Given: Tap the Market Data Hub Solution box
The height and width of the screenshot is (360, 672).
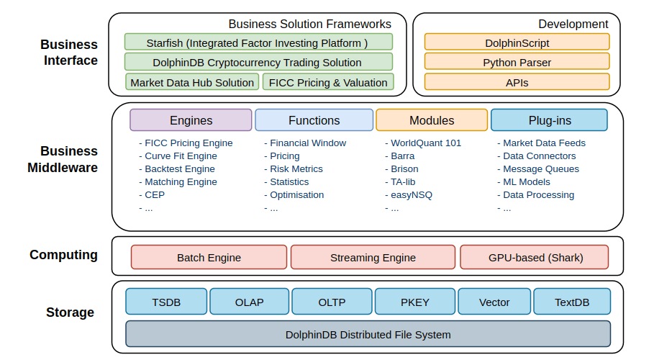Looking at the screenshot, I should click(x=192, y=82).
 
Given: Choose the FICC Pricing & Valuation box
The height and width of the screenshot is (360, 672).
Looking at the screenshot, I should click(x=328, y=82).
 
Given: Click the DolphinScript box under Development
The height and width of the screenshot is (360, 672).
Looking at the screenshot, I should click(x=517, y=42).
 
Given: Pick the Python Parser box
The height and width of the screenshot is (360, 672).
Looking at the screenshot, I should click(x=517, y=62).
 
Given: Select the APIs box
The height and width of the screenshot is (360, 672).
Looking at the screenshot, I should click(x=517, y=82).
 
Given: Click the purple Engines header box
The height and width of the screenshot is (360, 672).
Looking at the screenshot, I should click(x=191, y=120).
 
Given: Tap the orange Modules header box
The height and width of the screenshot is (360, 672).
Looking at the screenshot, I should click(x=432, y=120).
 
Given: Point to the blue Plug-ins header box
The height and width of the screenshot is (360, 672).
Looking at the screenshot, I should click(x=549, y=120).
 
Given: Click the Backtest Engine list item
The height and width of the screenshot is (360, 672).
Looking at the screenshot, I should click(x=179, y=168).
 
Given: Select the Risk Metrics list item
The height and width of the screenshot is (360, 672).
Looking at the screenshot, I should click(x=296, y=168).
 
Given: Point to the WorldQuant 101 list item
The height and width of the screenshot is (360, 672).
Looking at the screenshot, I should click(x=425, y=143).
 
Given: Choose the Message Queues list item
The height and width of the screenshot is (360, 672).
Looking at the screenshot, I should click(x=540, y=168).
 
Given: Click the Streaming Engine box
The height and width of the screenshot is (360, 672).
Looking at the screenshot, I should click(x=373, y=257).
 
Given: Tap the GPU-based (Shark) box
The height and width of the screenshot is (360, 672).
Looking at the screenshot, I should click(x=535, y=257).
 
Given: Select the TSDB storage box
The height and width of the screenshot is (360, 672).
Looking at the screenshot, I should click(x=166, y=302).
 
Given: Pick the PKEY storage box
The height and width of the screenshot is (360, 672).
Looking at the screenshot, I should click(x=414, y=302).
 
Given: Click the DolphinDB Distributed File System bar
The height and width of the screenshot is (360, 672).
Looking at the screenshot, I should click(x=368, y=334).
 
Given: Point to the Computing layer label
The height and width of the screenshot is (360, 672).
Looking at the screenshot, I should click(x=63, y=255).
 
